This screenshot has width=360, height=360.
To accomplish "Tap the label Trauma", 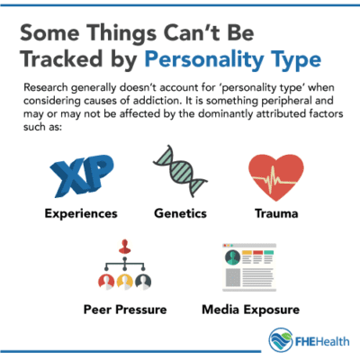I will tap(274, 216).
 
